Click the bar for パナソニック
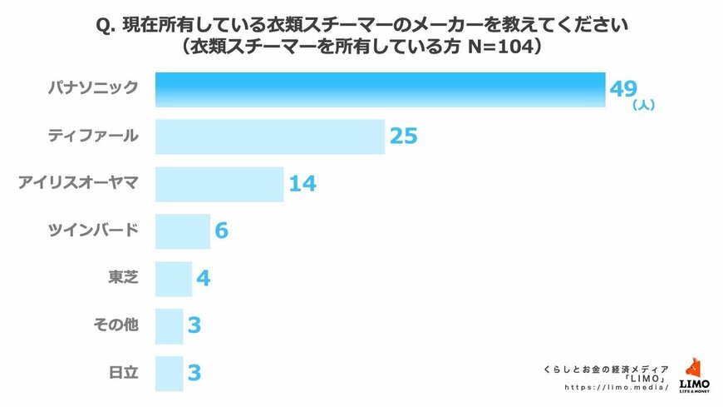(380, 90)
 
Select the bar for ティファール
(270, 136)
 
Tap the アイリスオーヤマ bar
(219, 184)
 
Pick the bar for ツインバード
(183, 231)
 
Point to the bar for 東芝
(174, 278)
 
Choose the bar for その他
(169, 325)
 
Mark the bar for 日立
(169, 372)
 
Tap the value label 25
(403, 136)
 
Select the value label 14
(302, 184)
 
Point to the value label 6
(221, 231)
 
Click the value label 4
(203, 278)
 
